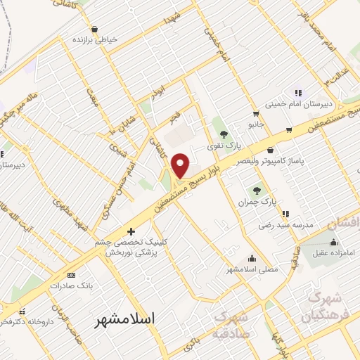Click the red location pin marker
point(181,165)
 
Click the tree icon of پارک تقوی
point(224,134)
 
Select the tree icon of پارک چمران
point(258,189)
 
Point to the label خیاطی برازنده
point(94,40)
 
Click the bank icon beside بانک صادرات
point(70,275)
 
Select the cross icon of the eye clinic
point(131,231)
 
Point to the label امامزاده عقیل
point(330,250)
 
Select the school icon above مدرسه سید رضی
point(285,214)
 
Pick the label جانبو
point(256,124)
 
